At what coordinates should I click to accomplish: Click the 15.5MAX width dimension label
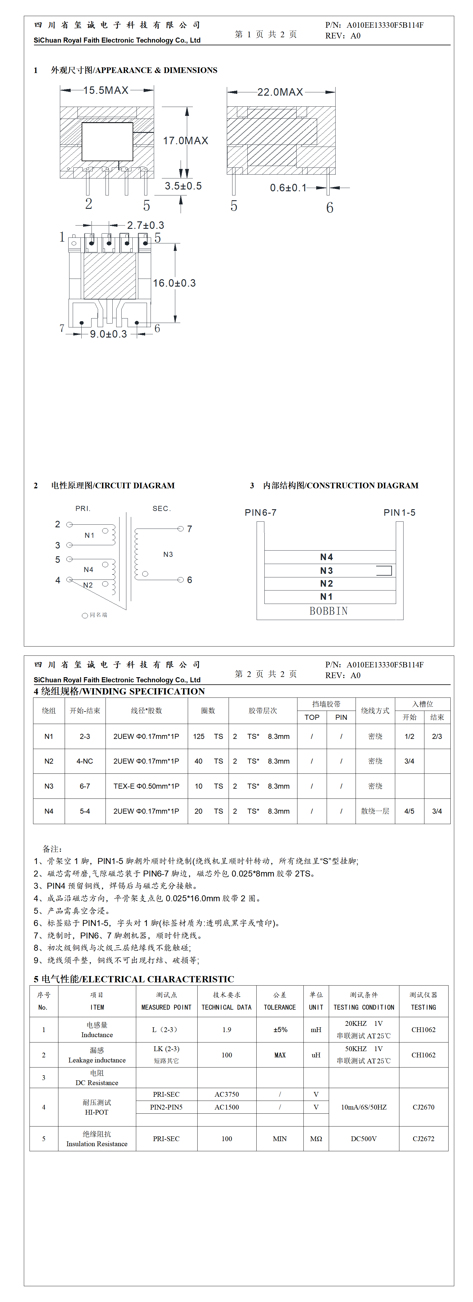point(106,91)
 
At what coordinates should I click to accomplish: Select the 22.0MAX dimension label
point(280,92)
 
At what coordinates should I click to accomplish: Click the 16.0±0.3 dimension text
point(174,283)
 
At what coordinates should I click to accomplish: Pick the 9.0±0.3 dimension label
point(108,334)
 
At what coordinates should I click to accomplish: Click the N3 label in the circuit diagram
point(168,554)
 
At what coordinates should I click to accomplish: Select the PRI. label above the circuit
point(83,509)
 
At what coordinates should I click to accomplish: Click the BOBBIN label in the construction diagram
point(328,611)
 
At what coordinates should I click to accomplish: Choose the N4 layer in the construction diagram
point(326,557)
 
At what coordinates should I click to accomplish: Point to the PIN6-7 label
point(260,512)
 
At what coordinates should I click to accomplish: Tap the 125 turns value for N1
point(199,737)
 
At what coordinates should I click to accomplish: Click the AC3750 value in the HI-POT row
point(227,1094)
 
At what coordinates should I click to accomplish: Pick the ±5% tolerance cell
point(280,1030)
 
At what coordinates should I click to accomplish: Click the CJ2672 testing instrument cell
point(424,1139)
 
